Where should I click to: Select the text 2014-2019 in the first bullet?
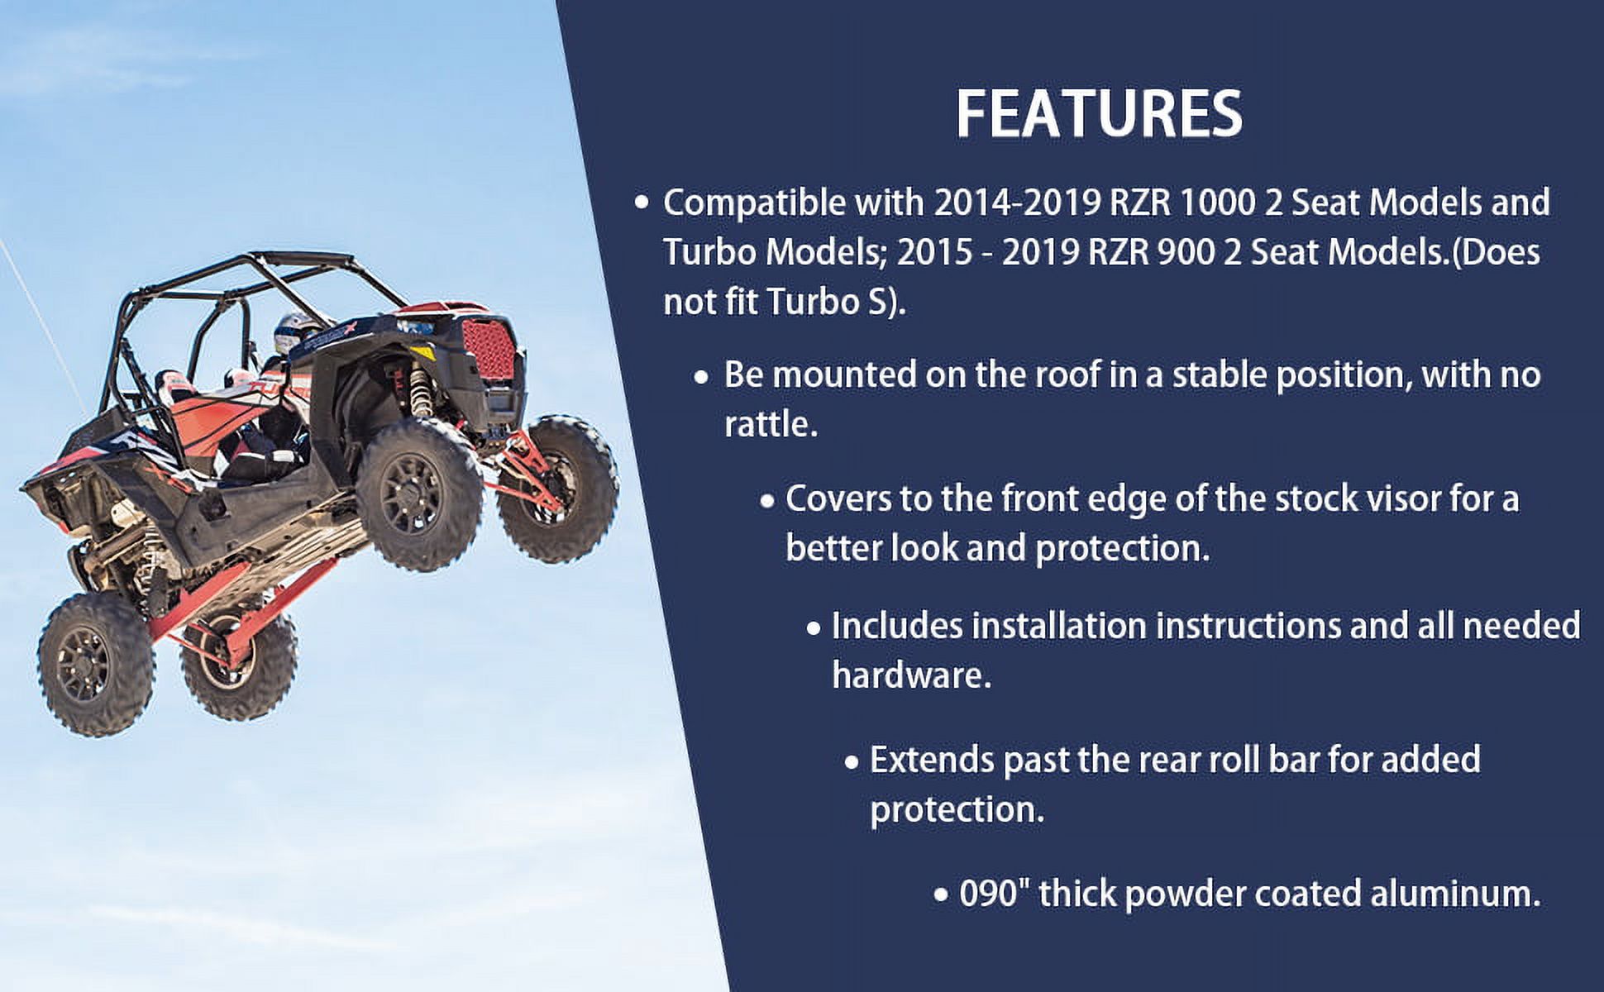pos(1016,203)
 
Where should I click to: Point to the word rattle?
pos(771,425)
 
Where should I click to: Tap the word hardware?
pos(911,676)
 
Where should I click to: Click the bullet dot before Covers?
pos(767,501)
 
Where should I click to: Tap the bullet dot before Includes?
pos(814,628)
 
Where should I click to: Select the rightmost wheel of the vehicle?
pos(557,477)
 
